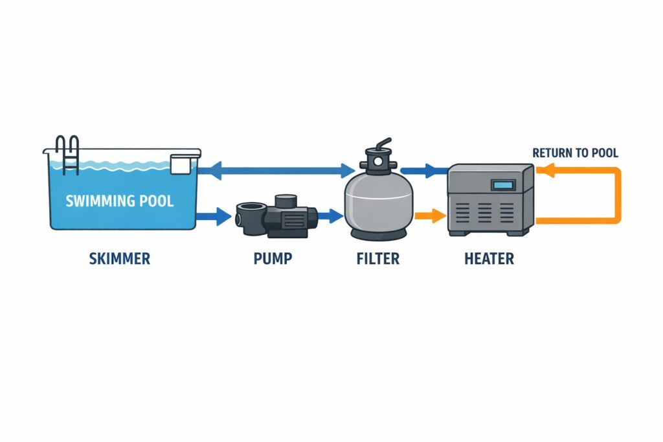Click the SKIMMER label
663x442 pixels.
click(120, 259)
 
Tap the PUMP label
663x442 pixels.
click(272, 259)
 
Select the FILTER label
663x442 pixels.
click(378, 259)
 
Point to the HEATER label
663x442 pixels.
click(489, 259)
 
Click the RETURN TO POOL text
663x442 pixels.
click(575, 153)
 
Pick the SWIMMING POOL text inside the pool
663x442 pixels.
click(120, 201)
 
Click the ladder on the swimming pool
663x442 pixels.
click(67, 155)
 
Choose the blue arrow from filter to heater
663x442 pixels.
click(424, 171)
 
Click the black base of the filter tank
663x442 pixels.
click(378, 232)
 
